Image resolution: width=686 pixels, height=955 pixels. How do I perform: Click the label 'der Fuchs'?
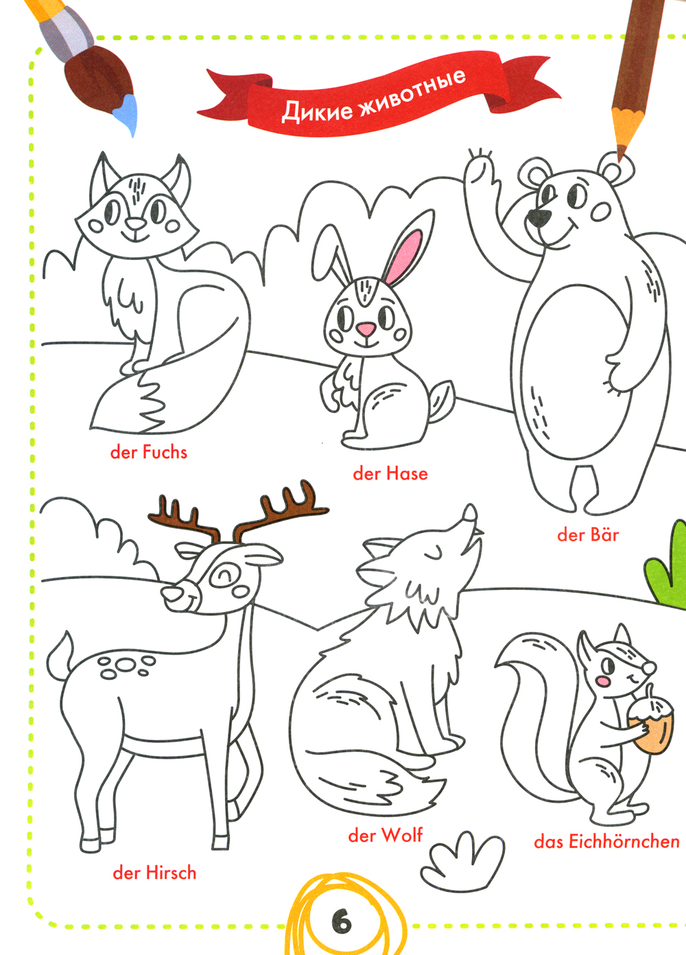click(x=148, y=452)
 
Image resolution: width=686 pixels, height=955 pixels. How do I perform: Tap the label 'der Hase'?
click(x=390, y=473)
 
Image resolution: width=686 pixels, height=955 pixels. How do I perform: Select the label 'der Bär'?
click(x=587, y=534)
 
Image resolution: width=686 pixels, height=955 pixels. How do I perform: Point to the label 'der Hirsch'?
click(x=154, y=873)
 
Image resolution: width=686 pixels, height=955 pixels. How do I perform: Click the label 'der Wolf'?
click(x=385, y=835)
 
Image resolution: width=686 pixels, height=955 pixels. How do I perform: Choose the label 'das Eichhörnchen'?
click(x=606, y=842)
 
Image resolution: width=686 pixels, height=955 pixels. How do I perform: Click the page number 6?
click(x=342, y=923)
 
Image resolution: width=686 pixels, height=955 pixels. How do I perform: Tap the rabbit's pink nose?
click(x=366, y=329)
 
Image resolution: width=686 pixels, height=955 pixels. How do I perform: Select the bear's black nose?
click(x=537, y=217)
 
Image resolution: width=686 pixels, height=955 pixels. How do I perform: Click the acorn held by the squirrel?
click(x=651, y=721)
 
